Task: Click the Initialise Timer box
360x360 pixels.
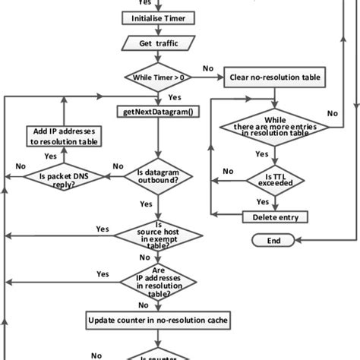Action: tap(157, 18)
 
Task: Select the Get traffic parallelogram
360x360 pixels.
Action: tap(157, 44)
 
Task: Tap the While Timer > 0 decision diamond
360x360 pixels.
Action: tap(157, 77)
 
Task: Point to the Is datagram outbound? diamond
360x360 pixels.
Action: tap(157, 177)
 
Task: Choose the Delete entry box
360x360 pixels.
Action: tap(274, 217)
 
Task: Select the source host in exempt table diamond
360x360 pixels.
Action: tap(157, 235)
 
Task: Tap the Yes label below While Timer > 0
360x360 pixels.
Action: tap(173, 97)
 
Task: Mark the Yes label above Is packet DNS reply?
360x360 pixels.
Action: tap(51, 156)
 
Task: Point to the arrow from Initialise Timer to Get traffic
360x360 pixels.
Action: tap(157, 31)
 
